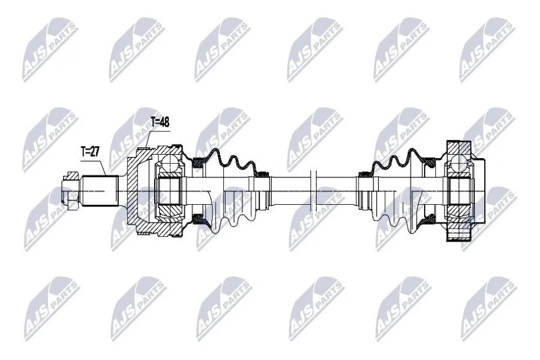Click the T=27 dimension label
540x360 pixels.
click(90, 152)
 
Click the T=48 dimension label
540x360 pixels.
click(160, 122)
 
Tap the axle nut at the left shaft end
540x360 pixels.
click(70, 191)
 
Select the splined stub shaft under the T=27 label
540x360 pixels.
click(99, 191)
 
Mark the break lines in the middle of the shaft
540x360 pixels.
click(313, 191)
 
